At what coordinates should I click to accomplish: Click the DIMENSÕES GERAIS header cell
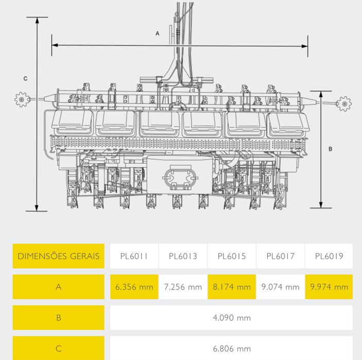(x=58, y=256)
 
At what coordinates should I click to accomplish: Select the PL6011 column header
(x=134, y=256)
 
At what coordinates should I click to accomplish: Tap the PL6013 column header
(x=183, y=256)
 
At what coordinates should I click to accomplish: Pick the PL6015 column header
(x=232, y=256)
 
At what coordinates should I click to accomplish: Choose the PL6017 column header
(x=281, y=256)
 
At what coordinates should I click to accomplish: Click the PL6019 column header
(x=329, y=256)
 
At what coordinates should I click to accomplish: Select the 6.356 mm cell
(x=134, y=287)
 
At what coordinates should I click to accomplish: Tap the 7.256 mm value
(x=183, y=287)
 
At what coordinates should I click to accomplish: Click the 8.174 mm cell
(x=232, y=287)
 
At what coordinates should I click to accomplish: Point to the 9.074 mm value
(x=281, y=287)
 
